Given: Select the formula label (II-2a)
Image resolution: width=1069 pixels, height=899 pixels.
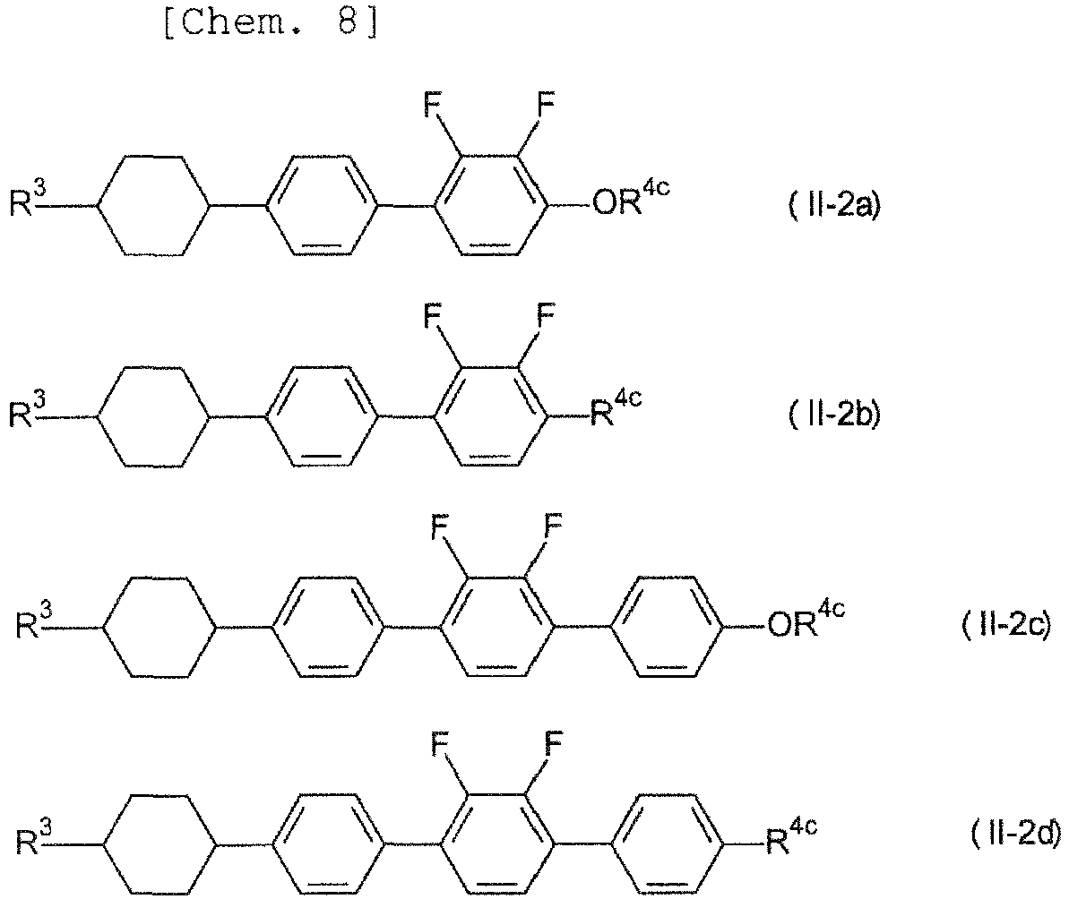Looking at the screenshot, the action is click(x=834, y=205).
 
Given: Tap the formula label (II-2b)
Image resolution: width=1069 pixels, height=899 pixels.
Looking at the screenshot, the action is click(x=834, y=414).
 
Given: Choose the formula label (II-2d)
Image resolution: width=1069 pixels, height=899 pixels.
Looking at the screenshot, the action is click(x=1016, y=834).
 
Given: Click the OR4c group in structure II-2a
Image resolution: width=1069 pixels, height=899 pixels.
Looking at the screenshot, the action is click(x=632, y=197).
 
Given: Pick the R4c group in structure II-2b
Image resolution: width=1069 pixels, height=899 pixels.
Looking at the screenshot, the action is click(x=616, y=407).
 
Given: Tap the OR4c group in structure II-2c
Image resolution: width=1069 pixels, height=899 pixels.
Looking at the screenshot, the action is click(x=806, y=618).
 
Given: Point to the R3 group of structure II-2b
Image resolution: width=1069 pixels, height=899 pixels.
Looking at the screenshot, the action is click(x=28, y=408).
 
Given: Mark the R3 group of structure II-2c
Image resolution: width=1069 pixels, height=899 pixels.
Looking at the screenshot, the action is click(x=34, y=620).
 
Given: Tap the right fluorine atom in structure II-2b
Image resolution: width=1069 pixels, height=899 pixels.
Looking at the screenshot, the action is click(x=546, y=314).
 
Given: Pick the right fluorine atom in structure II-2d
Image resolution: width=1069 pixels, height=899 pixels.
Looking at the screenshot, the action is click(x=554, y=744).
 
